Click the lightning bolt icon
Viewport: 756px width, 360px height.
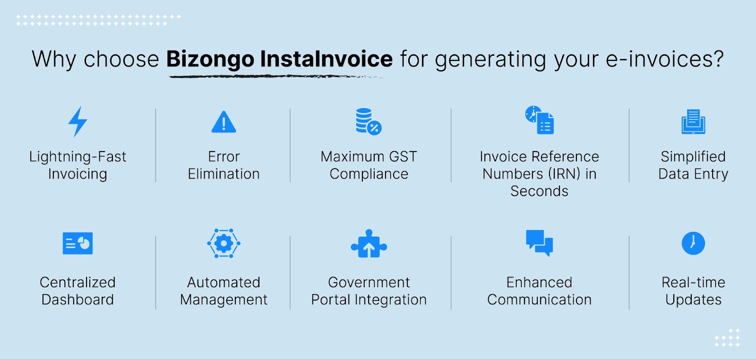(77, 122)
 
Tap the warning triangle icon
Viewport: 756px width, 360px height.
(224, 122)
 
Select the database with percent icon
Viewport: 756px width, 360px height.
(369, 121)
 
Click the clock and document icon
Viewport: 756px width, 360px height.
(539, 120)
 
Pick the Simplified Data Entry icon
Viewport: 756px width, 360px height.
(693, 121)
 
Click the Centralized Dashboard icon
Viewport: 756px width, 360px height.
(77, 243)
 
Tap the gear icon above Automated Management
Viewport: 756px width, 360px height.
(223, 243)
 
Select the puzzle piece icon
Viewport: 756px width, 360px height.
(369, 244)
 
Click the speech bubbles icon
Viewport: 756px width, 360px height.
(539, 243)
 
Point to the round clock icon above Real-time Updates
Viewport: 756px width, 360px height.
(693, 243)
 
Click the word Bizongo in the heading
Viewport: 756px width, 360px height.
(210, 60)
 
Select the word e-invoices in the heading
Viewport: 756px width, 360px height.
(664, 59)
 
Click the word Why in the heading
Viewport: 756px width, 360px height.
(54, 60)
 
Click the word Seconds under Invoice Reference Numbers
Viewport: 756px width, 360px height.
(539, 191)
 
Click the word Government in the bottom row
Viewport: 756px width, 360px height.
(369, 283)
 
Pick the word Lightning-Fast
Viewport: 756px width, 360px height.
(77, 157)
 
